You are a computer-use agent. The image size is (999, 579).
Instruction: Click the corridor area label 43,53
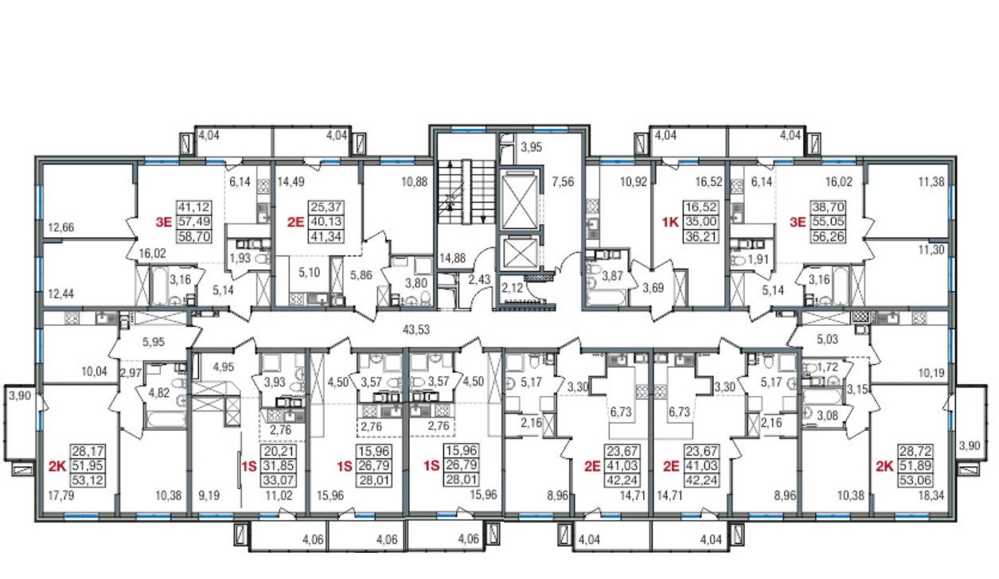(x=416, y=330)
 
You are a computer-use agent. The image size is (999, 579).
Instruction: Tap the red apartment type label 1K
(x=670, y=222)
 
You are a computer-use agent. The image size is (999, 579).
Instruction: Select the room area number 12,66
(x=61, y=227)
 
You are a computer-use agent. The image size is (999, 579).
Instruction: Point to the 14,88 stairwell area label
(x=452, y=258)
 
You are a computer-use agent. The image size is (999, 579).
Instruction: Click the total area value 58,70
(x=194, y=236)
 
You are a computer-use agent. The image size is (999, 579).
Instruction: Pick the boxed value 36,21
(x=701, y=235)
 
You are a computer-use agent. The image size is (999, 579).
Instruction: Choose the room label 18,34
(x=931, y=495)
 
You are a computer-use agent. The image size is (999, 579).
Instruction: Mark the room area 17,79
(x=61, y=495)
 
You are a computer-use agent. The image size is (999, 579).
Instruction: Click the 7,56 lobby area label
(x=563, y=182)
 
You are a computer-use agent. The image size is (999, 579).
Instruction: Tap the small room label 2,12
(x=512, y=288)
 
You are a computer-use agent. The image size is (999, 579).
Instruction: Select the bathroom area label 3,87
(x=613, y=276)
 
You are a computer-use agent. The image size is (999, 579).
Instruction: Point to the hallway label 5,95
(x=154, y=342)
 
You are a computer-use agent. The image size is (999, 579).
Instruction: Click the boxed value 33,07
(x=279, y=480)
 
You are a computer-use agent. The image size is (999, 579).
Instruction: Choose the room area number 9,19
(x=209, y=495)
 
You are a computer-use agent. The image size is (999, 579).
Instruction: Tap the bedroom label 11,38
(x=931, y=182)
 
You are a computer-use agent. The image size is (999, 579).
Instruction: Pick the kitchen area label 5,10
(x=309, y=272)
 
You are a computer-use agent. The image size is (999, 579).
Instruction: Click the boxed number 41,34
(x=326, y=236)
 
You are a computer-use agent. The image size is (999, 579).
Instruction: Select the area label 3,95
(x=532, y=147)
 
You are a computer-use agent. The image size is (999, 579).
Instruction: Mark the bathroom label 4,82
(x=158, y=394)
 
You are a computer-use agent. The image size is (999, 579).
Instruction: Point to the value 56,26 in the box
(x=827, y=235)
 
